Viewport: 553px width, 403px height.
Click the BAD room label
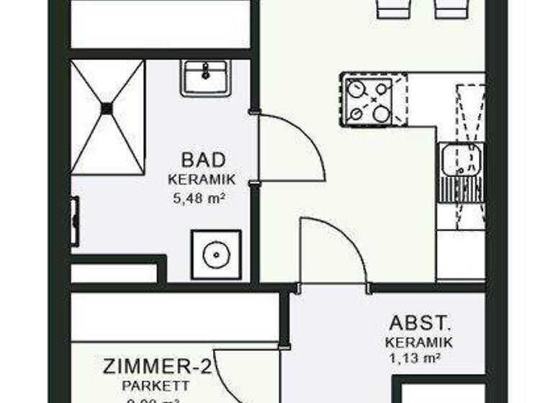point(204,160)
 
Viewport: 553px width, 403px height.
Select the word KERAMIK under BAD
point(202,180)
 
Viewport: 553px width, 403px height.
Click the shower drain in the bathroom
point(107,109)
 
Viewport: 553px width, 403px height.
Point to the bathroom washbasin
point(206,77)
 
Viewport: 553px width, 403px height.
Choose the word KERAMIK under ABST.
point(419,343)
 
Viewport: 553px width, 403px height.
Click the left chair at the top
point(393,8)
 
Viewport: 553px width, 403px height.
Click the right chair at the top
point(450,8)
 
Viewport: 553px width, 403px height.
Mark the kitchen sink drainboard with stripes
point(462,189)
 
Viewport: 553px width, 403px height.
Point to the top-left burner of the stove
point(356,89)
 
